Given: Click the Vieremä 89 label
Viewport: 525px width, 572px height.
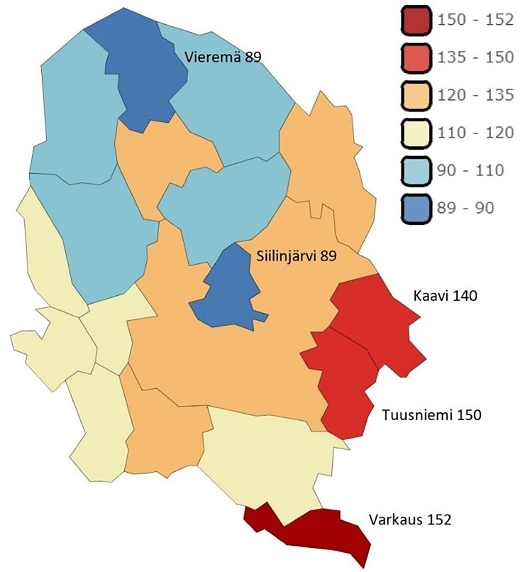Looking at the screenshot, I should point(223,57).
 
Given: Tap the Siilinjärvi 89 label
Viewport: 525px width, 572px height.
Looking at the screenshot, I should point(297,256).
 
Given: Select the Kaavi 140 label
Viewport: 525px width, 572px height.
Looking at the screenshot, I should point(445,296).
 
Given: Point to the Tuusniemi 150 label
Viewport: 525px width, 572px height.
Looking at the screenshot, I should point(431,415).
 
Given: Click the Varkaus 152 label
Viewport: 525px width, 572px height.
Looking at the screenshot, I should point(410,520).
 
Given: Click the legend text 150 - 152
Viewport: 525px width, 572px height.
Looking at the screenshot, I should point(475,20).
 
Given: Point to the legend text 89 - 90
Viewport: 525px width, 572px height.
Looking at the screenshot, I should point(465,208).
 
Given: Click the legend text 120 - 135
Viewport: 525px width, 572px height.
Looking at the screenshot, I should point(475,95).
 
